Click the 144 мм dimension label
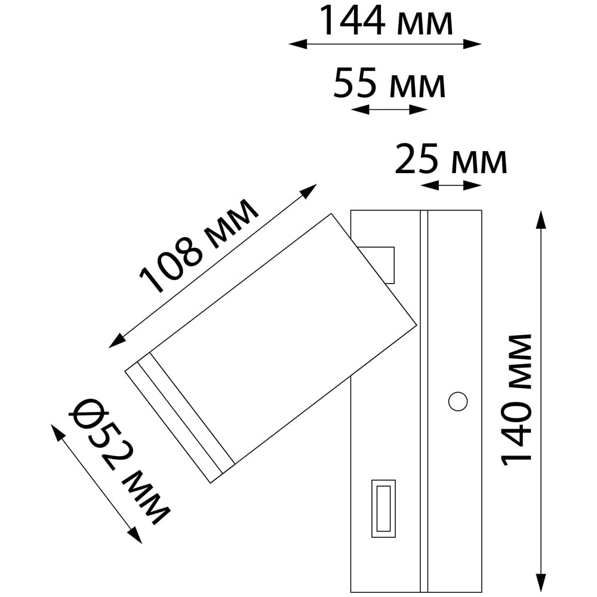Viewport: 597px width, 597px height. pyautogui.click(x=386, y=21)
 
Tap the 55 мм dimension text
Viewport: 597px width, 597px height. pyautogui.click(x=389, y=83)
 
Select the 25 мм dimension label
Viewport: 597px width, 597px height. pyautogui.click(x=451, y=159)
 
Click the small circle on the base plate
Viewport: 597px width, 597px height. pyautogui.click(x=458, y=401)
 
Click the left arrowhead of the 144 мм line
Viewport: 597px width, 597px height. pyautogui.click(x=298, y=44)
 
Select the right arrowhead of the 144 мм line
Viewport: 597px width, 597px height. pyautogui.click(x=472, y=44)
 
